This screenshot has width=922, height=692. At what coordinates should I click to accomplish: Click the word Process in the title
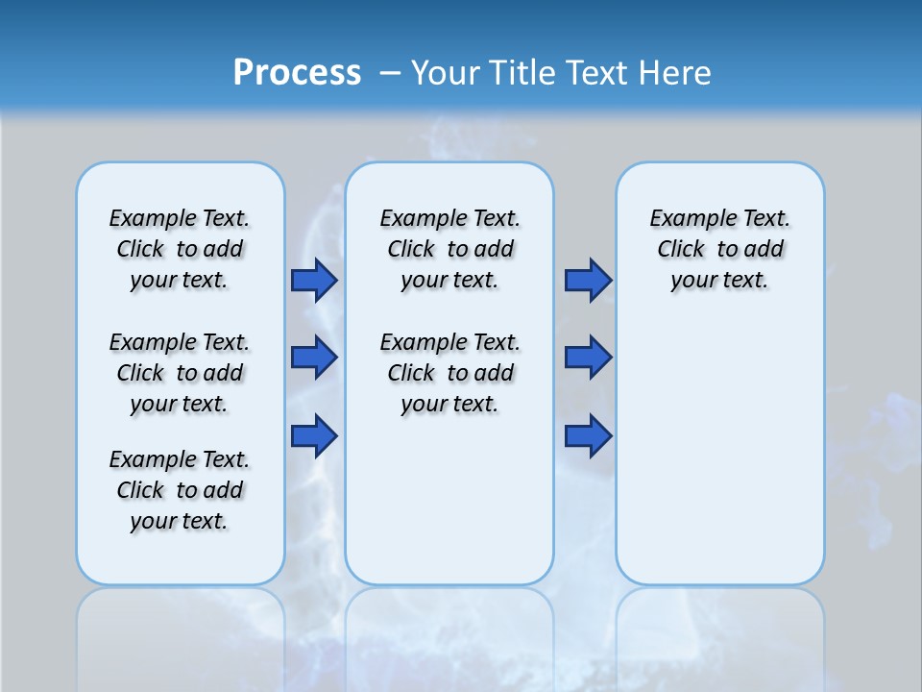pyautogui.click(x=297, y=72)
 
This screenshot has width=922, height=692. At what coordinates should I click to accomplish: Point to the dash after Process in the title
pyautogui.click(x=390, y=73)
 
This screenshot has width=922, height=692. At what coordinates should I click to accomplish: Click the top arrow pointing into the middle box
pyautogui.click(x=314, y=280)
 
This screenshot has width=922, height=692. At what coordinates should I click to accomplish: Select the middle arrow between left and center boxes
pyautogui.click(x=314, y=358)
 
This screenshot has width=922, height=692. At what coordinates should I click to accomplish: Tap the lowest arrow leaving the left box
pyautogui.click(x=314, y=436)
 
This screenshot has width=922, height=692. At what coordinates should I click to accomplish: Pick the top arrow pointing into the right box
pyautogui.click(x=588, y=280)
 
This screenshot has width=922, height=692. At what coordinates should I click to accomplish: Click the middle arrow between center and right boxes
pyautogui.click(x=588, y=358)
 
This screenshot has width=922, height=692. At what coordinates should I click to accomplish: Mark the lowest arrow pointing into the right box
pyautogui.click(x=588, y=436)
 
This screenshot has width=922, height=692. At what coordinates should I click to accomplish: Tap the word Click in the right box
pyautogui.click(x=681, y=249)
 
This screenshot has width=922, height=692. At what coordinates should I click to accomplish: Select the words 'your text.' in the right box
pyautogui.click(x=719, y=280)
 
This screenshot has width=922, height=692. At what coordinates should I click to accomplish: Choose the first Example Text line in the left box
pyautogui.click(x=180, y=218)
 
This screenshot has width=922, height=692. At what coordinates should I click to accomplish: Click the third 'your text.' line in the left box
pyautogui.click(x=180, y=521)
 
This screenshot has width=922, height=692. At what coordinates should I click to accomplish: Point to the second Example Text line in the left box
pyautogui.click(x=180, y=342)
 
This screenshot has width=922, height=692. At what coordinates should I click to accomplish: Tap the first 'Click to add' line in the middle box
pyautogui.click(x=449, y=249)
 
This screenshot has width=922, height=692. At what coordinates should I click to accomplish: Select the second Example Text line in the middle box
pyautogui.click(x=449, y=342)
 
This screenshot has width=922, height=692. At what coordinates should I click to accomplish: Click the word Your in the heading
pyautogui.click(x=446, y=72)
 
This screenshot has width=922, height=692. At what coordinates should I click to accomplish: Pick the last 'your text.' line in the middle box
pyautogui.click(x=449, y=404)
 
